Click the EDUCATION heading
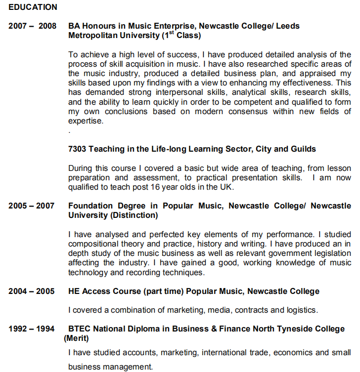click(33, 7)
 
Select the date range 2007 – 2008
click(33, 26)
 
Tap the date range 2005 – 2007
click(32, 206)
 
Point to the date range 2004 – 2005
click(32, 291)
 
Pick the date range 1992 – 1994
click(32, 329)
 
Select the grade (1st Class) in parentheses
click(181, 36)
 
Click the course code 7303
click(77, 149)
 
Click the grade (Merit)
click(76, 338)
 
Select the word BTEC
click(80, 329)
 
